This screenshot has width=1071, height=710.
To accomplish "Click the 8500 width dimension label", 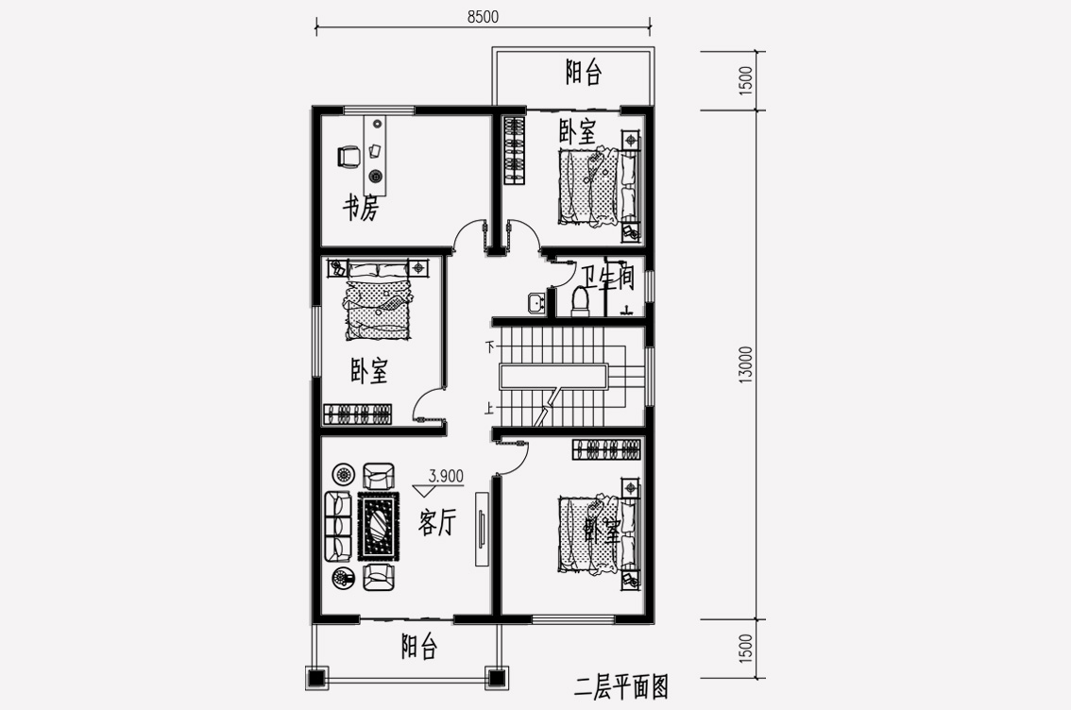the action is pyautogui.click(x=483, y=16).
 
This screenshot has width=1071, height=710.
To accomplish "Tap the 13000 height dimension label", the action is pyautogui.click(x=746, y=364).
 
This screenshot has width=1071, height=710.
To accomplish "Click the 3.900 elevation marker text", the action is pyautogui.click(x=446, y=476).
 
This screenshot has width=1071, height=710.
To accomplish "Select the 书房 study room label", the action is pyautogui.click(x=360, y=208).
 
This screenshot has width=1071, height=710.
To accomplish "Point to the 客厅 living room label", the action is pyautogui.click(x=436, y=523).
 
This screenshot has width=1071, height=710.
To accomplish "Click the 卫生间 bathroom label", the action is pyautogui.click(x=608, y=278).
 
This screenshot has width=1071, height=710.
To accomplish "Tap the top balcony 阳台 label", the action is pyautogui.click(x=584, y=72).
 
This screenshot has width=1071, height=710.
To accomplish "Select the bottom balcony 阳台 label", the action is pyautogui.click(x=418, y=646).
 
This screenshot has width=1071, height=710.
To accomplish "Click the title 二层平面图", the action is pyautogui.click(x=621, y=686).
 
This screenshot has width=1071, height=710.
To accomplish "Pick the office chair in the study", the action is pyautogui.click(x=348, y=157).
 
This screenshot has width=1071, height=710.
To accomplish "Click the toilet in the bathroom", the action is pyautogui.click(x=581, y=301).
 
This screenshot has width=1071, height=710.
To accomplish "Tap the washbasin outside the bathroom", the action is pyautogui.click(x=536, y=302).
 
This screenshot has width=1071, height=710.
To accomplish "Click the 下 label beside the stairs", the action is pyautogui.click(x=489, y=347).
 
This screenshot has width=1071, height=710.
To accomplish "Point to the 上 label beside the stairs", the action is pyautogui.click(x=489, y=409).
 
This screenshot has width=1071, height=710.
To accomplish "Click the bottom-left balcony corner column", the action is pyautogui.click(x=314, y=678).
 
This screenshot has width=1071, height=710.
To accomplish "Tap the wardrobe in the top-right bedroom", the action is pyautogui.click(x=515, y=150).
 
